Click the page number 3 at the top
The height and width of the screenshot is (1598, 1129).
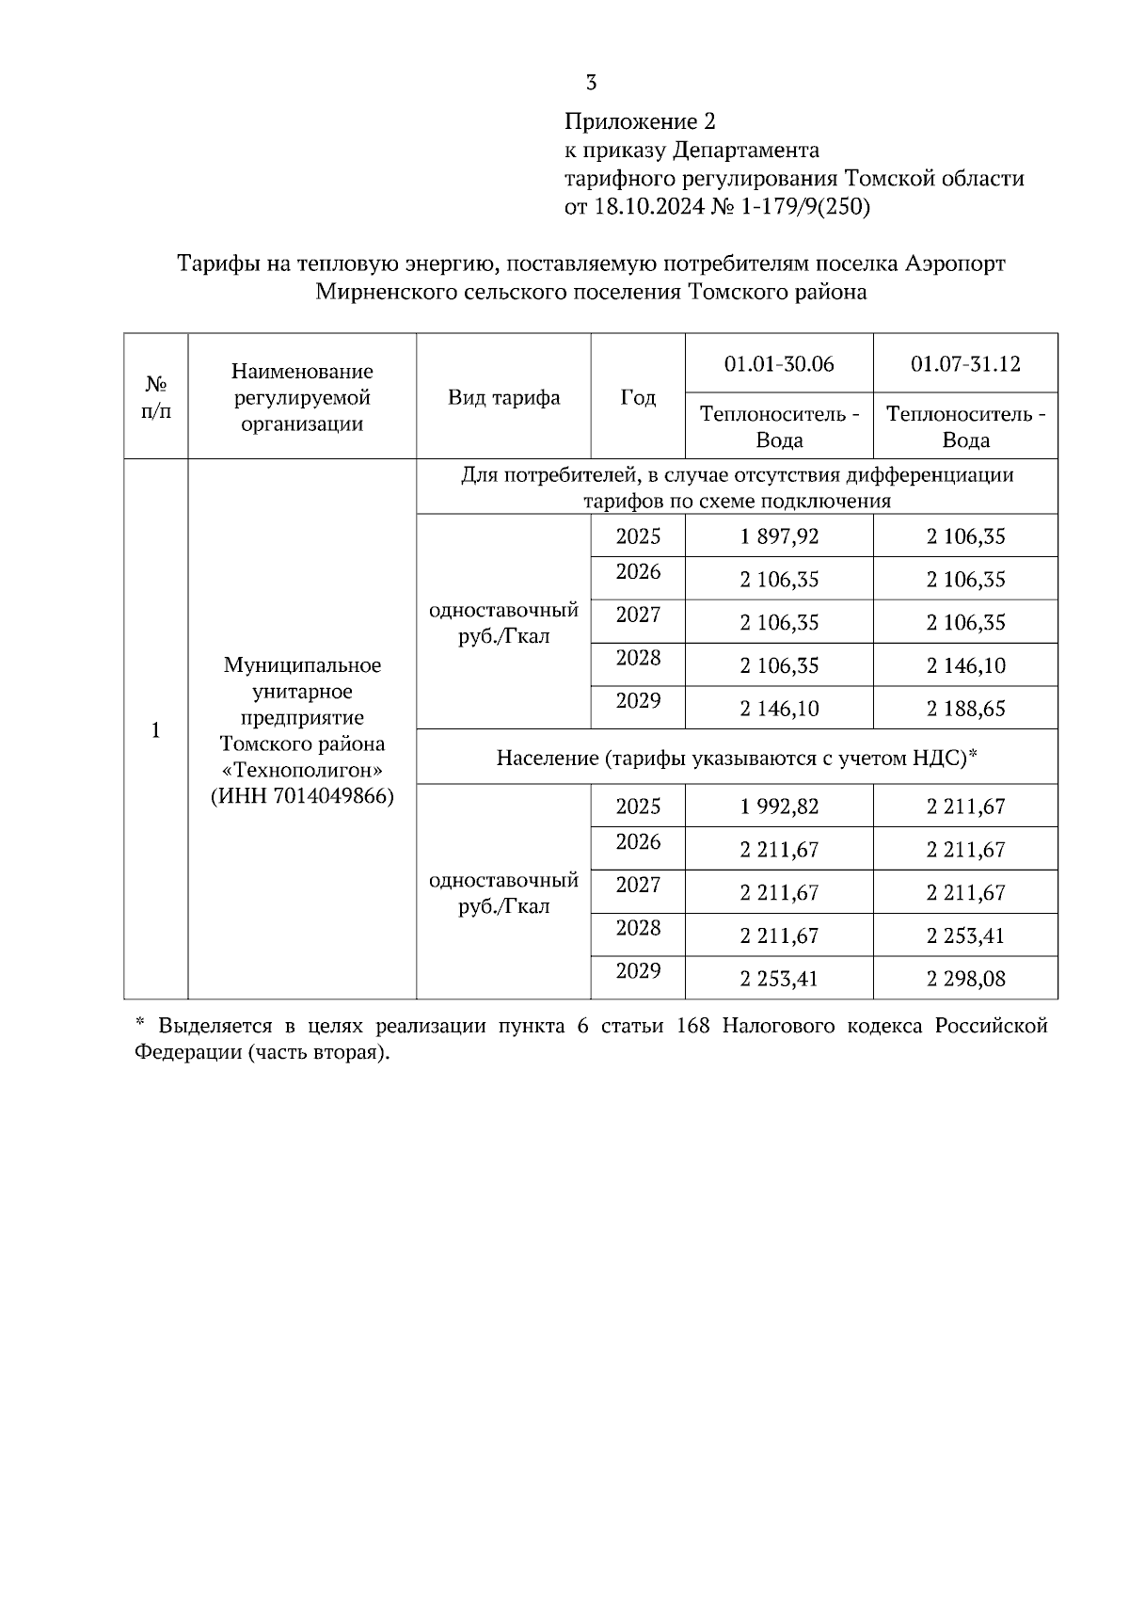591,83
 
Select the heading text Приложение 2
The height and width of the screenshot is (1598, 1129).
640,121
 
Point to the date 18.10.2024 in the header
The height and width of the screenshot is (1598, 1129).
648,206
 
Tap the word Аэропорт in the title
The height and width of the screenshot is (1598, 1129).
955,264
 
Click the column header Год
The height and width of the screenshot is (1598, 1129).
638,397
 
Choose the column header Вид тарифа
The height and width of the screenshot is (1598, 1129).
503,397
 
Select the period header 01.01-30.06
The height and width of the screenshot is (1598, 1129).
779,364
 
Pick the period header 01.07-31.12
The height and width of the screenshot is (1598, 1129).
965,364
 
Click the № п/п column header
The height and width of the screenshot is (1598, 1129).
156,397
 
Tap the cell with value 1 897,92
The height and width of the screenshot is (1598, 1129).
779,536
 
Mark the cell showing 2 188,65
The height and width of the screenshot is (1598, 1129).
965,709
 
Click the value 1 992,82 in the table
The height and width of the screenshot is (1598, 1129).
779,807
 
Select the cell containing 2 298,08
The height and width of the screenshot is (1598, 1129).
965,979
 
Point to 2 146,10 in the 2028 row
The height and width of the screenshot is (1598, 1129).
965,666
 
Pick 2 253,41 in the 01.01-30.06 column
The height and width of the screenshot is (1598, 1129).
779,979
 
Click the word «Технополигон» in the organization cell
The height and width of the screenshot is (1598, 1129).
302,770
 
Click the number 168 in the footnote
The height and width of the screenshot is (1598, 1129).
693,1026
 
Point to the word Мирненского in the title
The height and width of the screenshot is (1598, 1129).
385,293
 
